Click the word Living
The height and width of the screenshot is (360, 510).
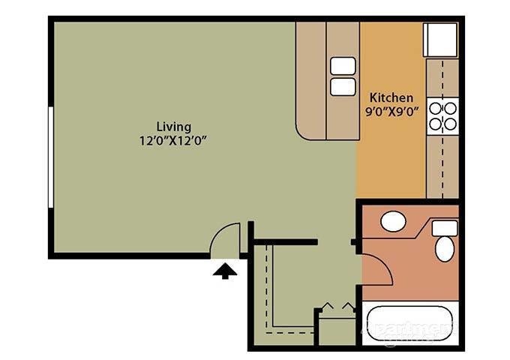tap(173, 126)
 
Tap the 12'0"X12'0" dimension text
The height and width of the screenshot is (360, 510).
tap(174, 139)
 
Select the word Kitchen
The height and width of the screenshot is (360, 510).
tap(390, 97)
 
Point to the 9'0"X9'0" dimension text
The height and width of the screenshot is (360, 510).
tap(391, 112)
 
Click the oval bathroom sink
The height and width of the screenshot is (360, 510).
tap(393, 221)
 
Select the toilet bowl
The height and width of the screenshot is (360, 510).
tap(444, 247)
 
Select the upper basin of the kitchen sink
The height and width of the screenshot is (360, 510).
tap(342, 66)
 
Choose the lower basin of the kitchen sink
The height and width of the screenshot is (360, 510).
tap(342, 86)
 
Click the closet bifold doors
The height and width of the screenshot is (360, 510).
tap(334, 307)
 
